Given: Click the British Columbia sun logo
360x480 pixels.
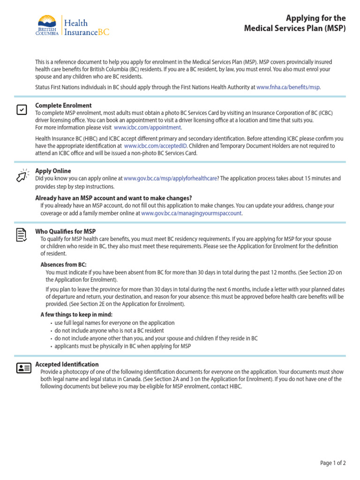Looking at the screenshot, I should coord(47,22).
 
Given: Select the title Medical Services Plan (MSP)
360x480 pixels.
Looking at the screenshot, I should coord(295,29).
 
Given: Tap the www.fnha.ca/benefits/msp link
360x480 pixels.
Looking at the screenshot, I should coord(288,87).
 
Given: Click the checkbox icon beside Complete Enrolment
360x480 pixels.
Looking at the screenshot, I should coord(22,110).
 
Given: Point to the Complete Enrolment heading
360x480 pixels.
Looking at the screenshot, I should coord(63,105).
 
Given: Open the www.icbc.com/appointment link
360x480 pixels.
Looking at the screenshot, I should coord(147,127).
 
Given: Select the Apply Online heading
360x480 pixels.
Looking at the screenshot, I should coord(53,171).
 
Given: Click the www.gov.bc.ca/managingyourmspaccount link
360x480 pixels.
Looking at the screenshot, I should coord(191,213).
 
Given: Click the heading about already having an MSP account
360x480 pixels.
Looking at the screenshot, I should coord(113,198).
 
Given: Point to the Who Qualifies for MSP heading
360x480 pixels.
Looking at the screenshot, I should coord(66,232).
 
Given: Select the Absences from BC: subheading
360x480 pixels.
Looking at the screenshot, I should coord(63,265).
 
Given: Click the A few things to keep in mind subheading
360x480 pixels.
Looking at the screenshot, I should coord(76,315).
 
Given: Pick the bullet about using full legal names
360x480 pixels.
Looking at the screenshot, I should coord(114,323).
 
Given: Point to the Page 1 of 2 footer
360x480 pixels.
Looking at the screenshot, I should coord(333,463).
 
